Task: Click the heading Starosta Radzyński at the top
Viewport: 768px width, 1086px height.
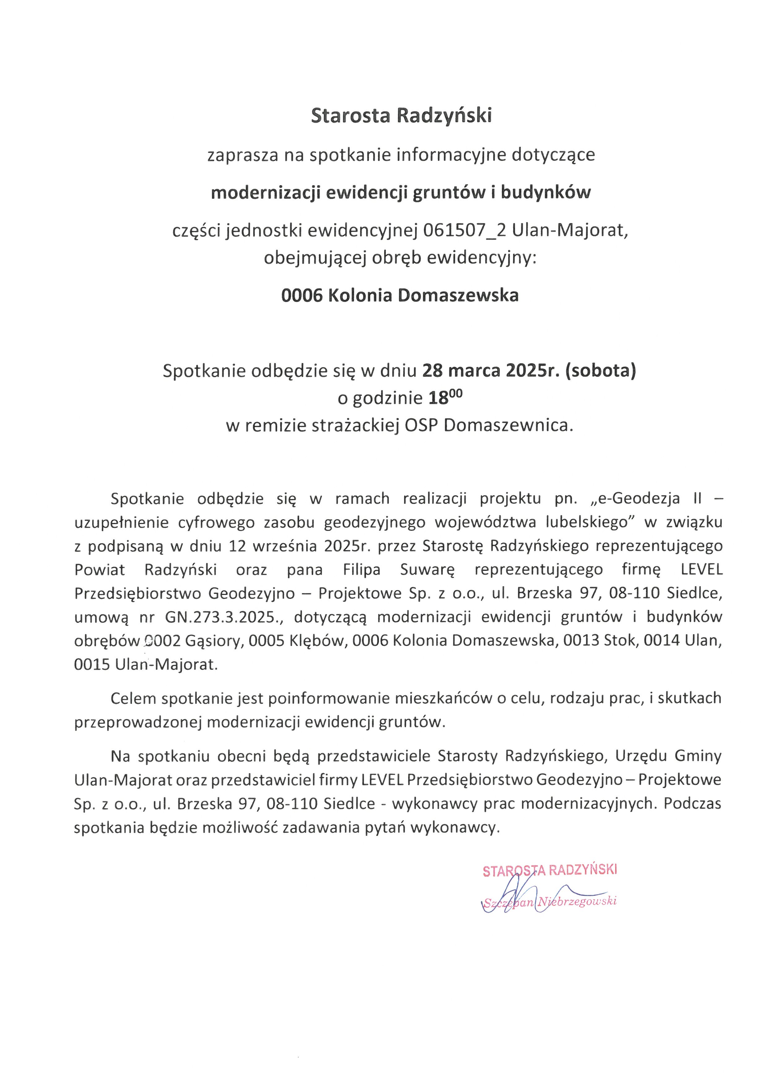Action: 401,116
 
